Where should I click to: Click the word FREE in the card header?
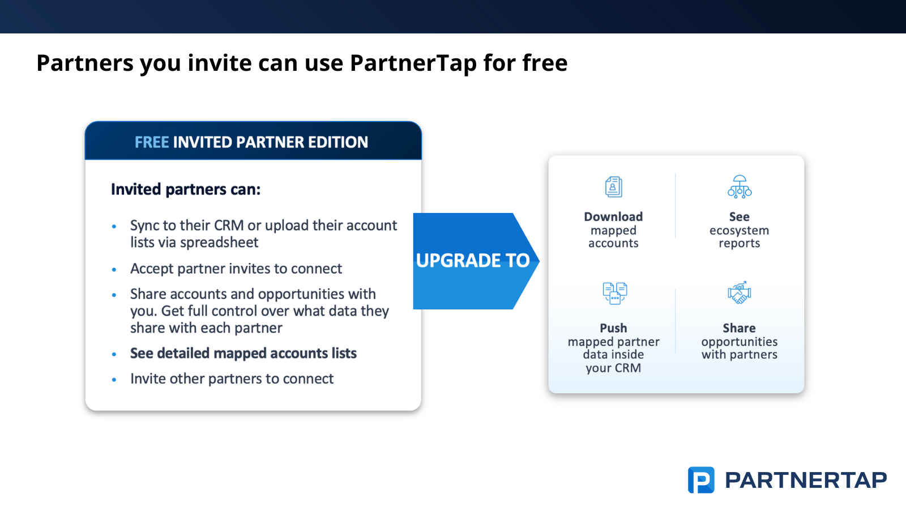[x=152, y=142]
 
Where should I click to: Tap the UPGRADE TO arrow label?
[x=473, y=260]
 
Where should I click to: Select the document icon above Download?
[x=614, y=187]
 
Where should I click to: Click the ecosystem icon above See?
[x=740, y=186]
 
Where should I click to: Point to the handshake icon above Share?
[x=740, y=292]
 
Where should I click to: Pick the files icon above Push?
[x=615, y=293]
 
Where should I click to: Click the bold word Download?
[x=613, y=216]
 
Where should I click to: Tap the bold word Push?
[x=613, y=328]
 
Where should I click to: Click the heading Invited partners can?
[x=186, y=189]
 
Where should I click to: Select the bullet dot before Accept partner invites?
[x=114, y=270]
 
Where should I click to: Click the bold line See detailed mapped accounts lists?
[x=243, y=354]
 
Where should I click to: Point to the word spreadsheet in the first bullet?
[x=219, y=243]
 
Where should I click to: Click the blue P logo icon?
[x=701, y=480]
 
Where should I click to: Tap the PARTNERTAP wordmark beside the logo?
[x=806, y=481]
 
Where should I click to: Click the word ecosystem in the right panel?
[x=739, y=231]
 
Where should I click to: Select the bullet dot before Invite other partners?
[x=114, y=380]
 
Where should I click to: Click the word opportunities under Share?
[x=740, y=342]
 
